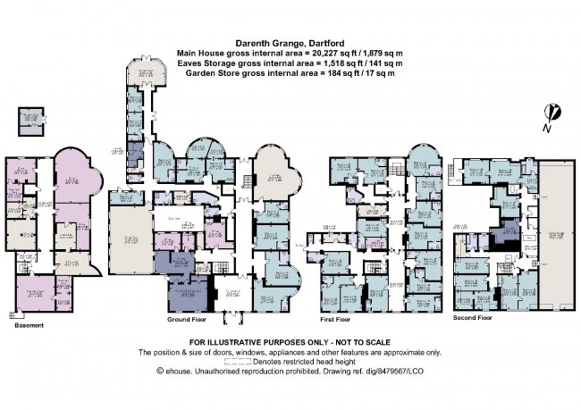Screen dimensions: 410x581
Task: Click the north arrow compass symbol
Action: pos(554,114)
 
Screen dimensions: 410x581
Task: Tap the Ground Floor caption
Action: pos(189,319)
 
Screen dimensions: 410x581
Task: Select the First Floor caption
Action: pos(339,318)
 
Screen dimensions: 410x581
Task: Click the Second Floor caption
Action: pos(473,318)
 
